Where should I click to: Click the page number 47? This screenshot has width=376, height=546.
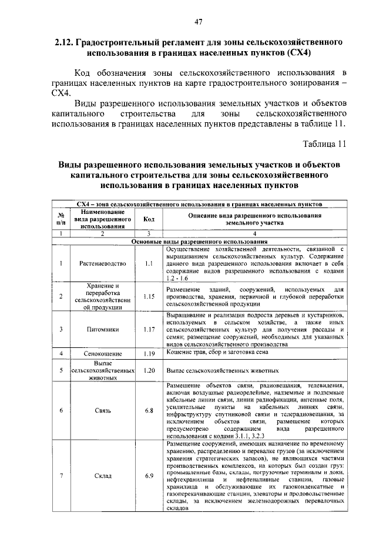click(x=199, y=22)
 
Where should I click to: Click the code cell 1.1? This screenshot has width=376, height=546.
click(x=149, y=262)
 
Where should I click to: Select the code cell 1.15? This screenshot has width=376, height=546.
click(x=149, y=296)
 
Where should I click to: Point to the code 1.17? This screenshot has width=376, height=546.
click(x=149, y=330)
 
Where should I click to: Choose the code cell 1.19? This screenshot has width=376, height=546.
click(x=149, y=354)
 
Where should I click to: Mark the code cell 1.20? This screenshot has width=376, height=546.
click(x=149, y=371)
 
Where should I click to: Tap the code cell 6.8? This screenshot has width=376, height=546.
click(x=149, y=411)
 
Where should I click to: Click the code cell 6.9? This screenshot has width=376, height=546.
click(x=149, y=475)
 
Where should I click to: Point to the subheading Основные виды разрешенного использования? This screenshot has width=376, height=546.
click(x=199, y=242)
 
